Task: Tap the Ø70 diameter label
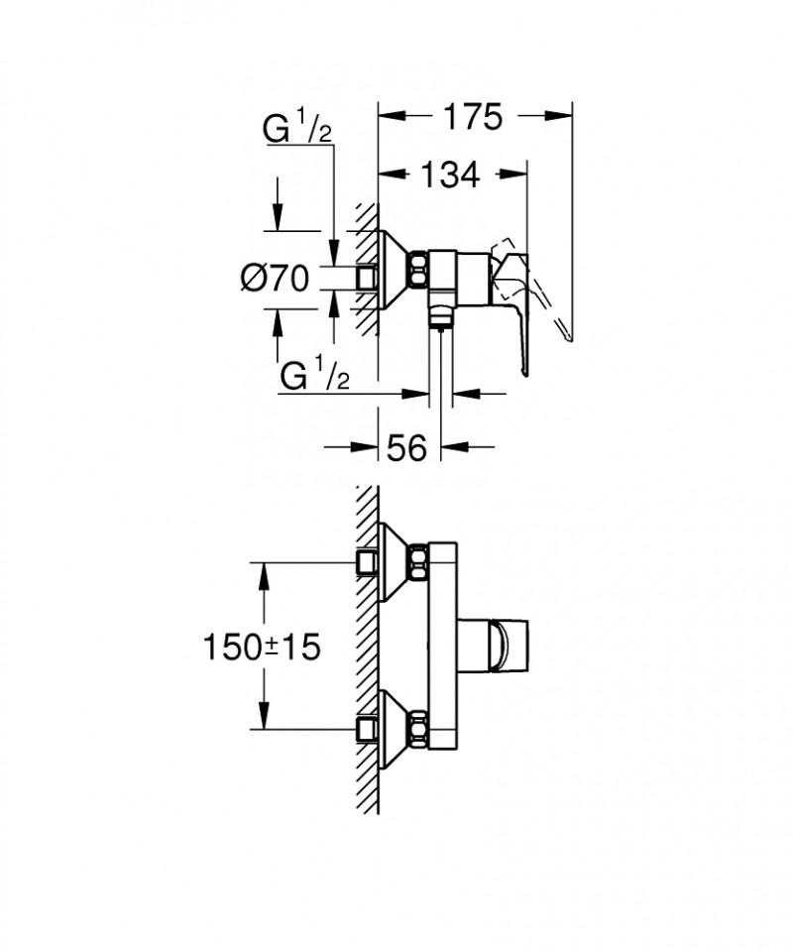[277, 279]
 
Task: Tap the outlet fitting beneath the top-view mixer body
[436, 318]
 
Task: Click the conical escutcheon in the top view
[395, 269]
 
